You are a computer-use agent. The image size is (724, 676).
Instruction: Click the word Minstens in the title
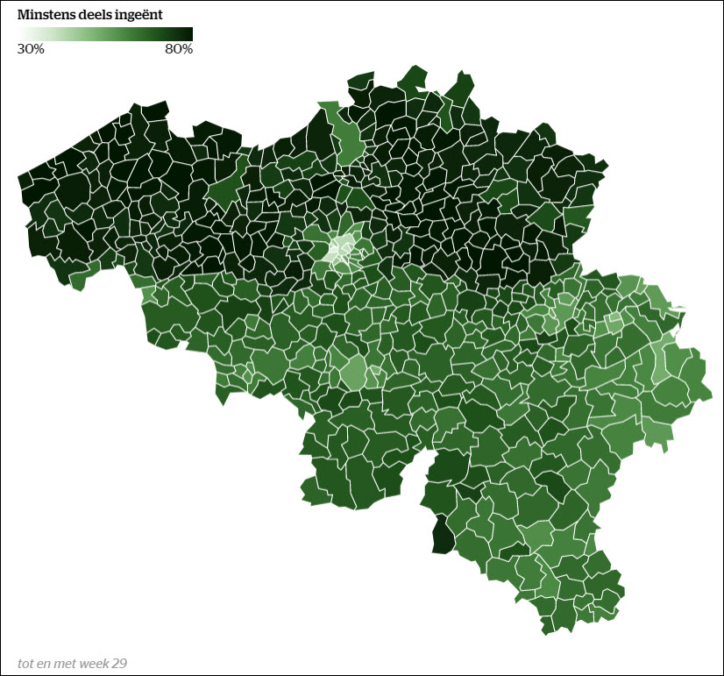45,15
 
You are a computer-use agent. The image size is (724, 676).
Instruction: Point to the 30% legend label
31,49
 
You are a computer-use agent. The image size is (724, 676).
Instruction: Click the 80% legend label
179,49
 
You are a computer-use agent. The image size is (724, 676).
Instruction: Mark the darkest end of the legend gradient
188,33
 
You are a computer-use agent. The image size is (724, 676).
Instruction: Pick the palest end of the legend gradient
21,33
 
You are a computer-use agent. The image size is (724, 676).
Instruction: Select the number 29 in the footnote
119,663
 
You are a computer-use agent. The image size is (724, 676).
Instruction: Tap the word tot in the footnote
26,663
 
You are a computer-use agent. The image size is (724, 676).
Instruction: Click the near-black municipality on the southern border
443,534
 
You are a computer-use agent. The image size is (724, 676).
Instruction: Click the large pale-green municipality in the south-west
352,372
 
